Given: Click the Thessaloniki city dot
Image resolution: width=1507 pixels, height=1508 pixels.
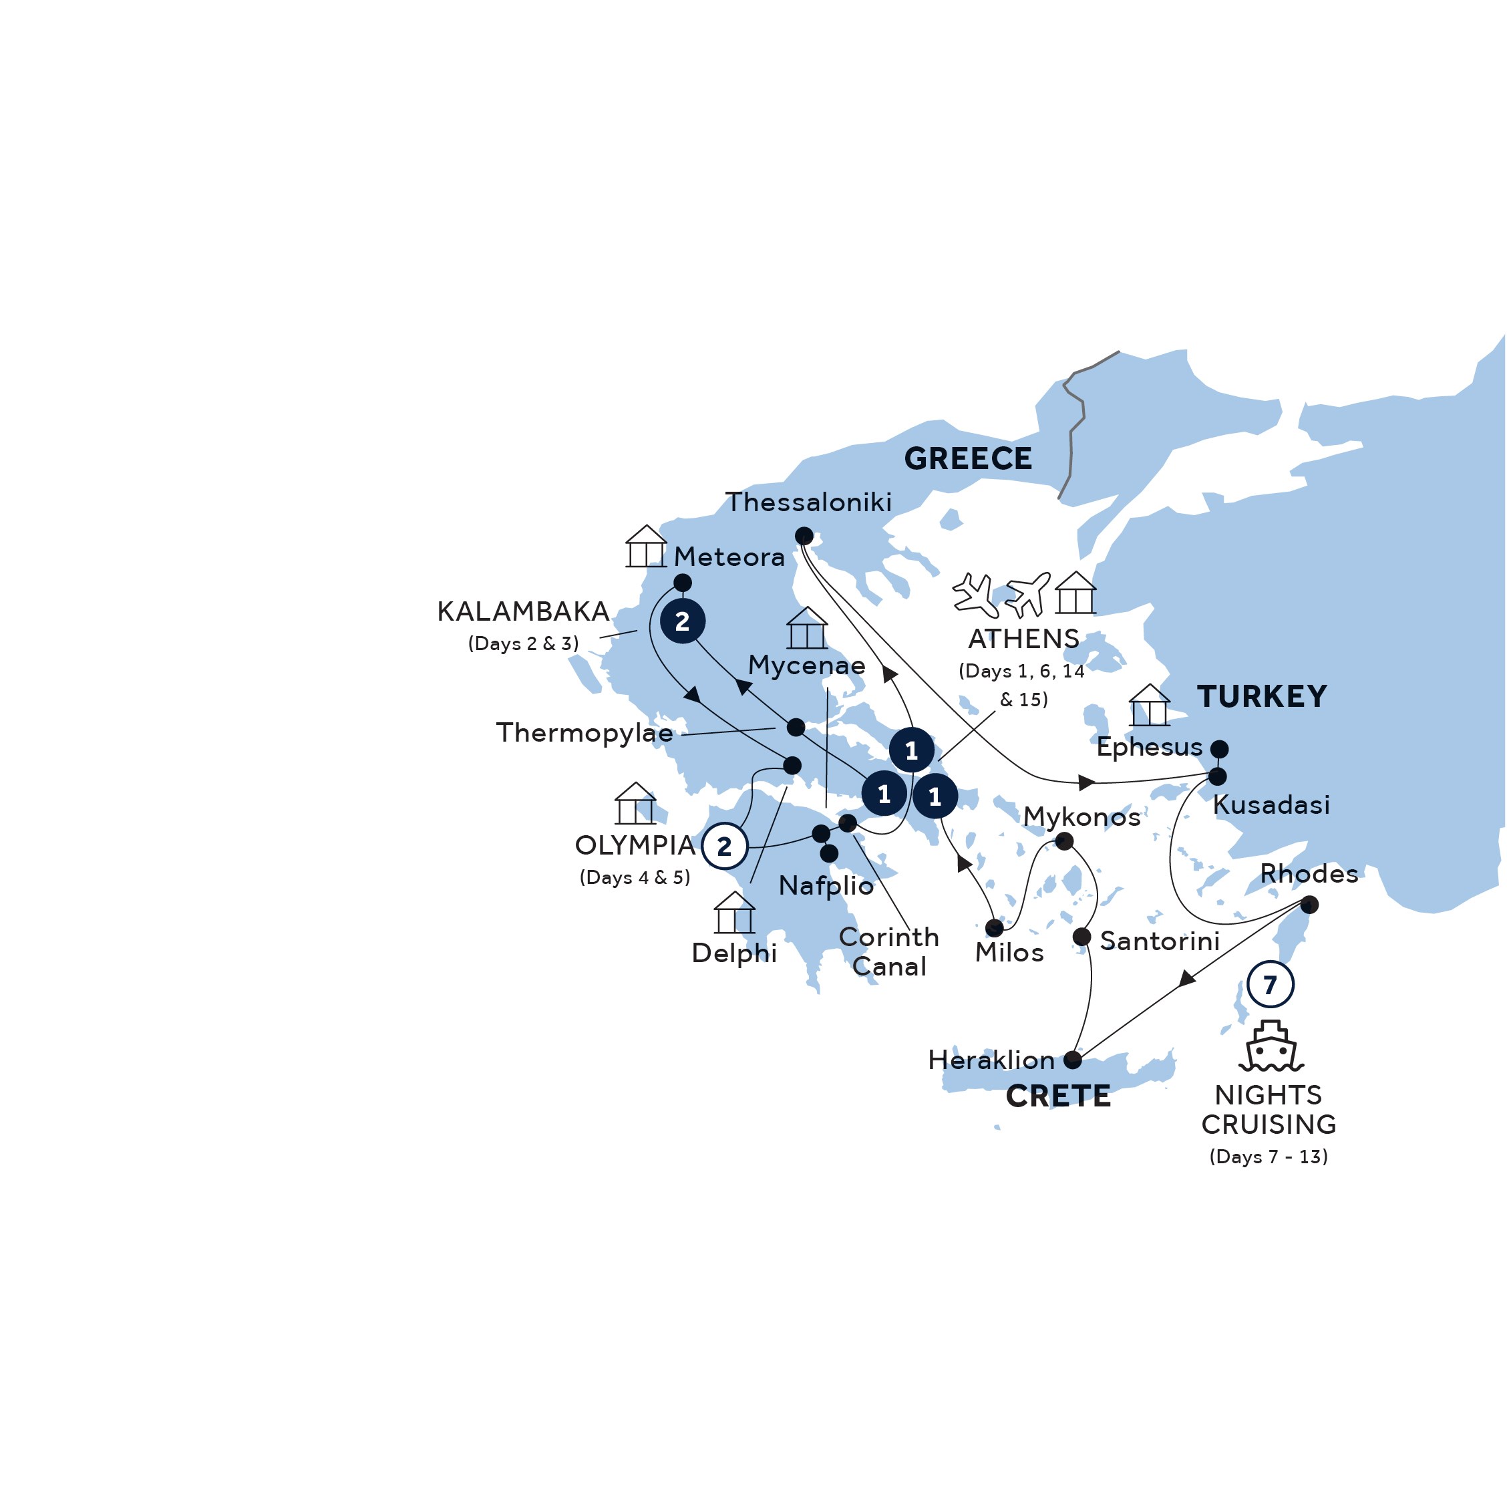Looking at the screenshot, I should [804, 537].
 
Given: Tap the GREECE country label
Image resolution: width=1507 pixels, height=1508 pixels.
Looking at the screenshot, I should [968, 459].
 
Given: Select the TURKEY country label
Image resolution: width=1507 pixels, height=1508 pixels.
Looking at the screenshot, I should [1262, 696].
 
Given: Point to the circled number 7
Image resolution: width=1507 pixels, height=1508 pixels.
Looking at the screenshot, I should [1271, 985].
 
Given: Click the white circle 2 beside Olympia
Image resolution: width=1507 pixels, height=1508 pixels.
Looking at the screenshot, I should [724, 846].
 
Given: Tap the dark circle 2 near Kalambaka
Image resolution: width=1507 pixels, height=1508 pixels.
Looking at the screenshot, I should [682, 621].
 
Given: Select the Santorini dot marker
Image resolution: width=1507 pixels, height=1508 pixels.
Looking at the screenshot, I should [1081, 937].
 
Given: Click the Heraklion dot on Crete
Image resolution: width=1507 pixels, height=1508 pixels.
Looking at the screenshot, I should [1073, 1060].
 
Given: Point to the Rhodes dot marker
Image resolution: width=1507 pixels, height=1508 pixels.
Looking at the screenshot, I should [1309, 905].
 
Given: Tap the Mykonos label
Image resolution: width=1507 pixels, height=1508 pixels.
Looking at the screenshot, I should [1081, 817].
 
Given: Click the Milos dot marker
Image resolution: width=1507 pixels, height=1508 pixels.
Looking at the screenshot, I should [994, 928].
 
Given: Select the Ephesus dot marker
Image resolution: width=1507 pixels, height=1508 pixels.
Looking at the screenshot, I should [1219, 749].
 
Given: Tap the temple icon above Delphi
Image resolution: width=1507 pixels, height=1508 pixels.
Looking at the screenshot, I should [734, 913].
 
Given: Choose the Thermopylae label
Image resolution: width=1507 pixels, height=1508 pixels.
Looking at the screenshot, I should [584, 734].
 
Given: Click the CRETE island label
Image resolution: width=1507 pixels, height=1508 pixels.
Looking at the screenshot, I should [1058, 1096].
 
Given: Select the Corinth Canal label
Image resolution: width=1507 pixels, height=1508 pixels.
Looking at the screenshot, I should [889, 951].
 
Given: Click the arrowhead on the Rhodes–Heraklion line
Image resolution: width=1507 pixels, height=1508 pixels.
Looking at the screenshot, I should [1187, 979].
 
